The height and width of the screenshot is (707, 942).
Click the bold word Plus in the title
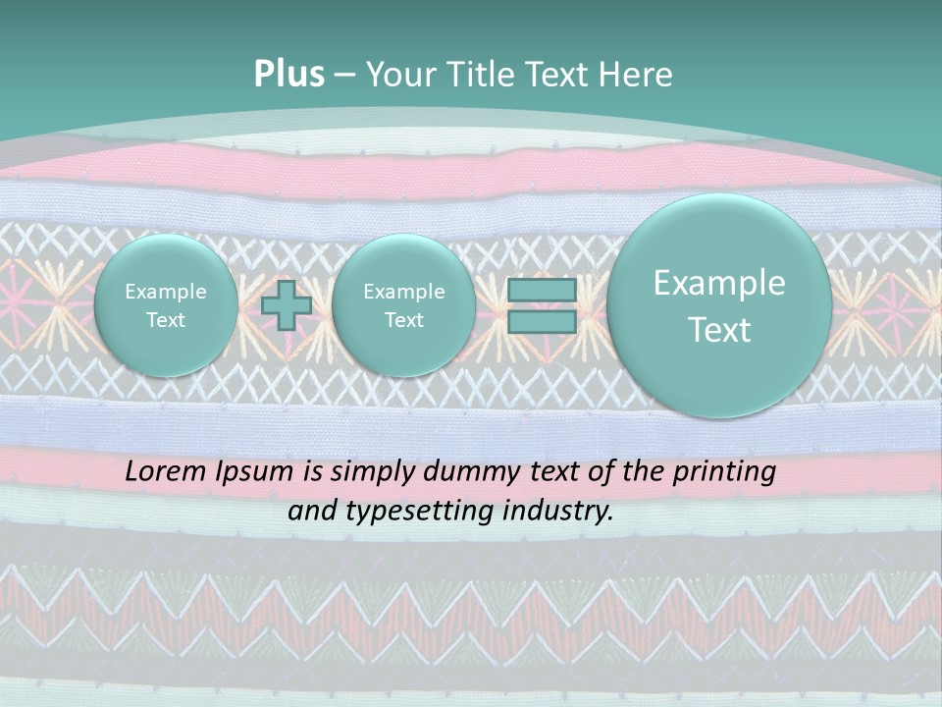click(x=288, y=75)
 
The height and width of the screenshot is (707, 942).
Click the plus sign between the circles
click(x=287, y=305)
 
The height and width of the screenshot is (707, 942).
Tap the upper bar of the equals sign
click(x=541, y=290)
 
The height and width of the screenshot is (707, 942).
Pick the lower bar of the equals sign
click(x=541, y=322)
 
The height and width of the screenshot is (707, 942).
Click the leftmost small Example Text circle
click(x=165, y=305)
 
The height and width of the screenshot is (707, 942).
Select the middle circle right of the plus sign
click(x=403, y=305)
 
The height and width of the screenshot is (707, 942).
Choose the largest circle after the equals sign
click(x=719, y=305)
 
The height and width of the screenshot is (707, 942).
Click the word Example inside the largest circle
click(x=719, y=283)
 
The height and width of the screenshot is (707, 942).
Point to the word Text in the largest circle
click(x=719, y=330)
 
